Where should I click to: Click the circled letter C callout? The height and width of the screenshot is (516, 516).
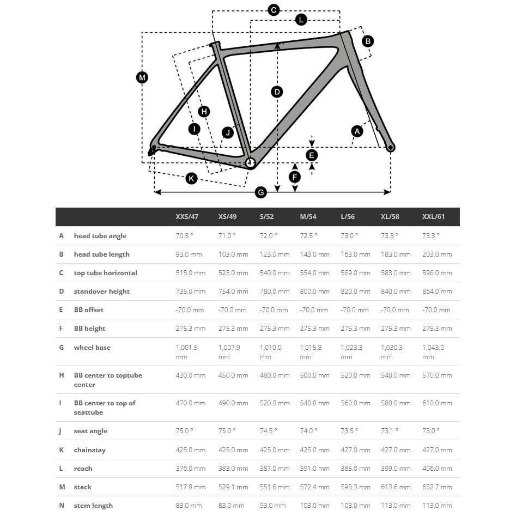point(274,10)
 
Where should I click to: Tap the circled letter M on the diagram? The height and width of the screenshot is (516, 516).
point(142,77)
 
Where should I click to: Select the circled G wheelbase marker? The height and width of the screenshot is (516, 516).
point(261,192)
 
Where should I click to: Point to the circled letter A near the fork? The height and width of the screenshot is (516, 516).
point(357,131)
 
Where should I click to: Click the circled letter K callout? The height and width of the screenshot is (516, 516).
point(191,178)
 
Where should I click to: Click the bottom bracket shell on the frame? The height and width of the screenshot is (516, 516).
point(251,162)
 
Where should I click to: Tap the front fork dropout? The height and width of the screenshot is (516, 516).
point(390,147)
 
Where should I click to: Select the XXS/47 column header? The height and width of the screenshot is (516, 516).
point(187,217)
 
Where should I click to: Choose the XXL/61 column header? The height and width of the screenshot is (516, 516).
point(433,217)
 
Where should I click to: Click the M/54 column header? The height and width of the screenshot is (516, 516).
point(308,217)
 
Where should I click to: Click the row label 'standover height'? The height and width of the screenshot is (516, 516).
point(102,292)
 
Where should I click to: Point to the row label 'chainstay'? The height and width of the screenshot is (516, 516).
point(90,450)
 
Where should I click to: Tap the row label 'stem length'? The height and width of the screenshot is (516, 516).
point(93,506)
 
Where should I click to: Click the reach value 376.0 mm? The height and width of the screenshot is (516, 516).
point(190,469)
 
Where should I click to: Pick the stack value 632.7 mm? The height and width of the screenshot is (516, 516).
point(437,487)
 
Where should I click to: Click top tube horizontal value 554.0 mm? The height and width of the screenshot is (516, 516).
point(314,273)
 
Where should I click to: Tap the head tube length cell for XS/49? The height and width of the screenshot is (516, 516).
point(233,254)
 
